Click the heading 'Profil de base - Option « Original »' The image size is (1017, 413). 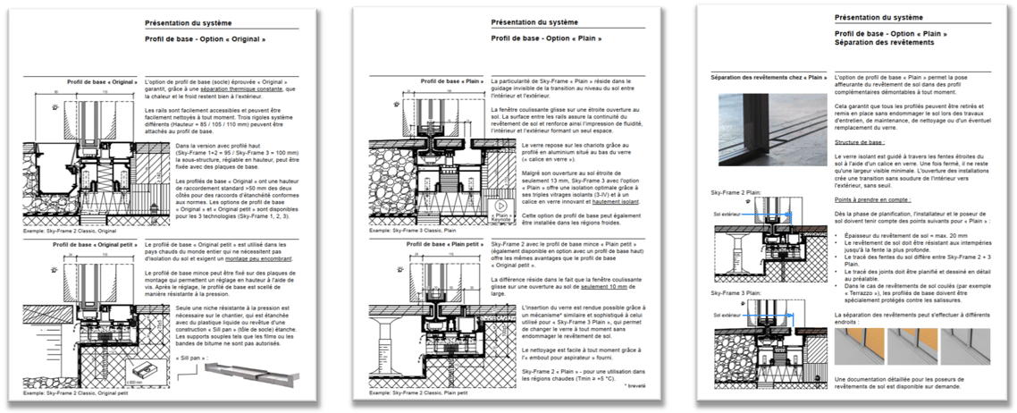[x=205, y=40]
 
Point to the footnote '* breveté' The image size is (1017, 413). [x=635, y=386]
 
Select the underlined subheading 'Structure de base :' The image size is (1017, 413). [x=860, y=141]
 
